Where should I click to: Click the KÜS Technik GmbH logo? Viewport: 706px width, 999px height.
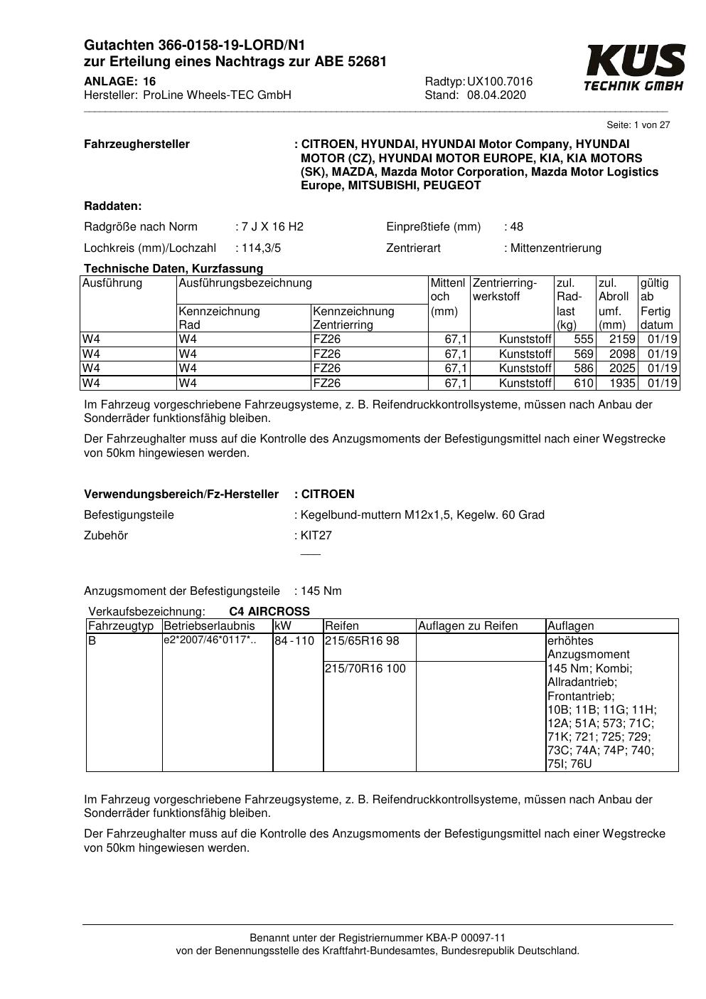click(x=634, y=68)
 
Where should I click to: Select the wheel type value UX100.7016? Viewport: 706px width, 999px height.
click(x=499, y=82)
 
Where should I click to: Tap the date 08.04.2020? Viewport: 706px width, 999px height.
click(x=496, y=95)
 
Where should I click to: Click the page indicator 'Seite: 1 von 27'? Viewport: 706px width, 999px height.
click(x=638, y=125)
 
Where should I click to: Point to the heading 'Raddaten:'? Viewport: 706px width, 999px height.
click(x=112, y=206)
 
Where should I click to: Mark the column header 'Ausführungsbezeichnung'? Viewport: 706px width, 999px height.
click(x=245, y=283)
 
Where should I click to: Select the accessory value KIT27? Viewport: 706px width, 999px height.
click(x=316, y=536)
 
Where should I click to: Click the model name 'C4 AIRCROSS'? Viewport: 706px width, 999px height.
click(x=269, y=612)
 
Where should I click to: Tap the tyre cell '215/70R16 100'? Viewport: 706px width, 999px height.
click(x=365, y=669)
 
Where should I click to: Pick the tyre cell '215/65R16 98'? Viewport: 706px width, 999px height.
click(x=362, y=641)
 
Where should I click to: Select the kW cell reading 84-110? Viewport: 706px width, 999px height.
click(x=294, y=641)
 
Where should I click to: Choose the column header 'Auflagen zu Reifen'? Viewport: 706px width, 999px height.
click(x=467, y=626)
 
